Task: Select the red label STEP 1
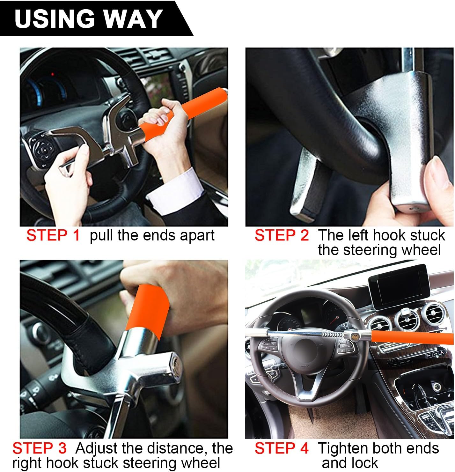tap(53, 235)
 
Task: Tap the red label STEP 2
tap(282, 235)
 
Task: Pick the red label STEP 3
tap(40, 448)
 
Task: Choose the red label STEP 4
tap(282, 448)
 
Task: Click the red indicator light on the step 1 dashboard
tap(53, 75)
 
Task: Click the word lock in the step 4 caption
tap(366, 463)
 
